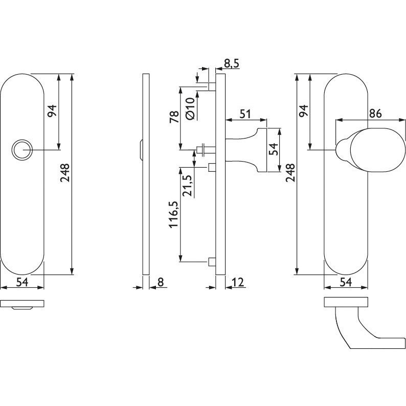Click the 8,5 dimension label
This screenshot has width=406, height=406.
click(x=232, y=64)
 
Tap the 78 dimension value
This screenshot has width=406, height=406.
click(x=174, y=117)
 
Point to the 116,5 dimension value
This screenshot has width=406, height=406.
click(x=174, y=214)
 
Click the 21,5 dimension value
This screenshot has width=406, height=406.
click(x=187, y=186)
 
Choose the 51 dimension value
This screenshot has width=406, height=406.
click(x=245, y=114)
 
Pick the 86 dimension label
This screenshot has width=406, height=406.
click(x=375, y=114)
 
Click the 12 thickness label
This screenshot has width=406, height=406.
click(x=238, y=282)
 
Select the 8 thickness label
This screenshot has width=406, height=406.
click(x=161, y=282)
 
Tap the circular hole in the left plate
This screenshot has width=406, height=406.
click(x=22, y=150)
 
